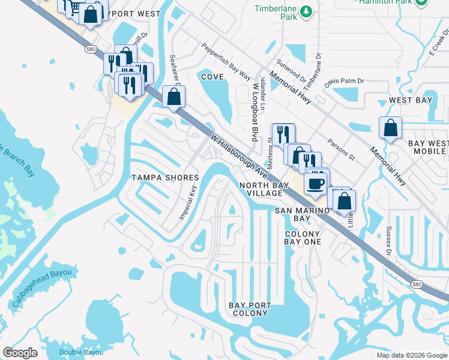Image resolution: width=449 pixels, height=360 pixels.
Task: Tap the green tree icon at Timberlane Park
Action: [x=306, y=11]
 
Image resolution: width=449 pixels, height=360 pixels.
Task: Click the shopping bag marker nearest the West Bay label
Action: [x=391, y=127]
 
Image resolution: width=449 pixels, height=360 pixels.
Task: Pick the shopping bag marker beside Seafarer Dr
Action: [x=173, y=96]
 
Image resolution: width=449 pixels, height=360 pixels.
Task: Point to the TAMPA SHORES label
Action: [x=165, y=178]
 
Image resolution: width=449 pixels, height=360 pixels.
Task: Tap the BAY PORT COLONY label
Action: [x=249, y=310]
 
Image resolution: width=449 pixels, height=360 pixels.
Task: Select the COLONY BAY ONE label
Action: [x=303, y=238]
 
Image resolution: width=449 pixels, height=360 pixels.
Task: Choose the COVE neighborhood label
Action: [x=212, y=77]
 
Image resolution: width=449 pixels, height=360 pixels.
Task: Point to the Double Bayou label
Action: [x=81, y=352]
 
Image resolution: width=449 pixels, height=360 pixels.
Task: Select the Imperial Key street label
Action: [x=188, y=202]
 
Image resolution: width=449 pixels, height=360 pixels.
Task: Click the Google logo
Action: [x=20, y=353]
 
